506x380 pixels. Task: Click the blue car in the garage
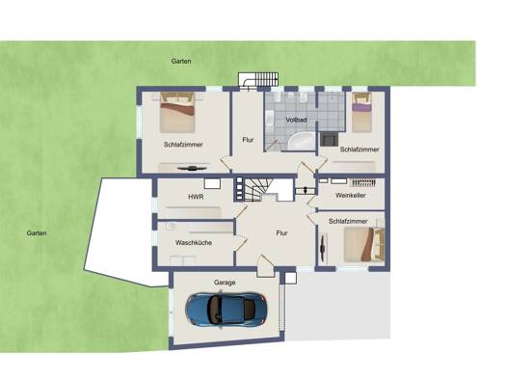click(x=226, y=310)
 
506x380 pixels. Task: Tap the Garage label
click(x=225, y=283)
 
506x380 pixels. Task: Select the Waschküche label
click(x=194, y=242)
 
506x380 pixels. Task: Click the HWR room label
click(x=196, y=197)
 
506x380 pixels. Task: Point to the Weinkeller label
click(x=351, y=196)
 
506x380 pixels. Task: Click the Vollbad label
click(x=296, y=120)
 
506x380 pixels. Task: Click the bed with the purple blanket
click(x=360, y=112)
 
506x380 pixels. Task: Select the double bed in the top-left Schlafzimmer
click(x=177, y=112)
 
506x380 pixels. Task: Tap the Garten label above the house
click(x=181, y=61)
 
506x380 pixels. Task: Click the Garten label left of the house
click(x=37, y=233)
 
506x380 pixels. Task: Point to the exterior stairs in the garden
click(x=258, y=79)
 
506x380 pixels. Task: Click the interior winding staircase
click(x=258, y=189)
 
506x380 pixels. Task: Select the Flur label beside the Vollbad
click(x=248, y=140)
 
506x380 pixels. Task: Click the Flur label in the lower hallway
click(x=281, y=233)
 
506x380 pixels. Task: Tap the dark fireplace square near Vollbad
click(x=329, y=139)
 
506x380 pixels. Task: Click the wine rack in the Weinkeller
click(x=363, y=182)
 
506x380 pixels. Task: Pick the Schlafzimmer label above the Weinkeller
click(x=360, y=149)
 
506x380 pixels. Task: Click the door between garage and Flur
click(x=265, y=266)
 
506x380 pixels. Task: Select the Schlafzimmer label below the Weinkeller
click(x=348, y=221)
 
